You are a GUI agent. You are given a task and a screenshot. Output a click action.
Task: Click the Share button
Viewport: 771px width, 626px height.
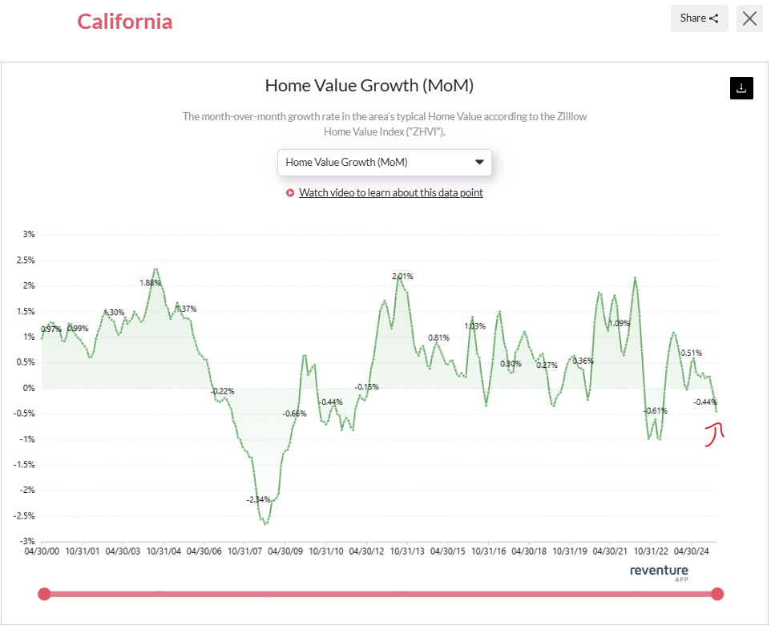(x=699, y=18)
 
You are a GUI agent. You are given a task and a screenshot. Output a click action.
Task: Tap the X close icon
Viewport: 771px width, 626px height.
(x=749, y=18)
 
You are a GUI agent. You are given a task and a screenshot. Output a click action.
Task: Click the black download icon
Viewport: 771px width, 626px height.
(x=741, y=88)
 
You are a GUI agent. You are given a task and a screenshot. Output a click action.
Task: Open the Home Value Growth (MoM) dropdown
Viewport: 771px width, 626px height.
(x=385, y=162)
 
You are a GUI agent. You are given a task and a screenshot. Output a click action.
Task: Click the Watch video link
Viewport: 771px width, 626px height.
(x=390, y=192)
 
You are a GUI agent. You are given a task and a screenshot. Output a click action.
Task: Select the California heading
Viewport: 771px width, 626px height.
(x=124, y=22)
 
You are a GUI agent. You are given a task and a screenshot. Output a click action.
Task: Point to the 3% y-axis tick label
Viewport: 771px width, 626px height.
(x=28, y=235)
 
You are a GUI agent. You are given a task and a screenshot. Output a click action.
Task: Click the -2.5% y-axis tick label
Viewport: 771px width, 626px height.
(x=25, y=515)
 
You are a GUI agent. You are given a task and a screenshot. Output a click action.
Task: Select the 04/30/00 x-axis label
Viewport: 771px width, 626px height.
(x=42, y=551)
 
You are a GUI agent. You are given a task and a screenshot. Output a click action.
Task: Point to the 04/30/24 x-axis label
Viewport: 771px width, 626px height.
(x=692, y=551)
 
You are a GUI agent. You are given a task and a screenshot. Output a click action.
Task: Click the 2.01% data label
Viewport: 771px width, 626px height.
(x=403, y=277)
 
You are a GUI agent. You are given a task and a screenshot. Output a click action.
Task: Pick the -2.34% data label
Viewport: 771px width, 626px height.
(x=259, y=499)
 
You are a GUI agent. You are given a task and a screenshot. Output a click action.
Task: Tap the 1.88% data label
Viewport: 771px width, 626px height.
(x=150, y=283)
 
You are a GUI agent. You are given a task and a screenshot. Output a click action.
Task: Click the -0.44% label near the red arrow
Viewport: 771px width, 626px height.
(x=705, y=402)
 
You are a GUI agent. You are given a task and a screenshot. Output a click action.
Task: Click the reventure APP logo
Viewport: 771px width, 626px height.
(x=659, y=571)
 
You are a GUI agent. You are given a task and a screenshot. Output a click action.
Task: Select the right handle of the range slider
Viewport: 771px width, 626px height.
(x=717, y=594)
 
